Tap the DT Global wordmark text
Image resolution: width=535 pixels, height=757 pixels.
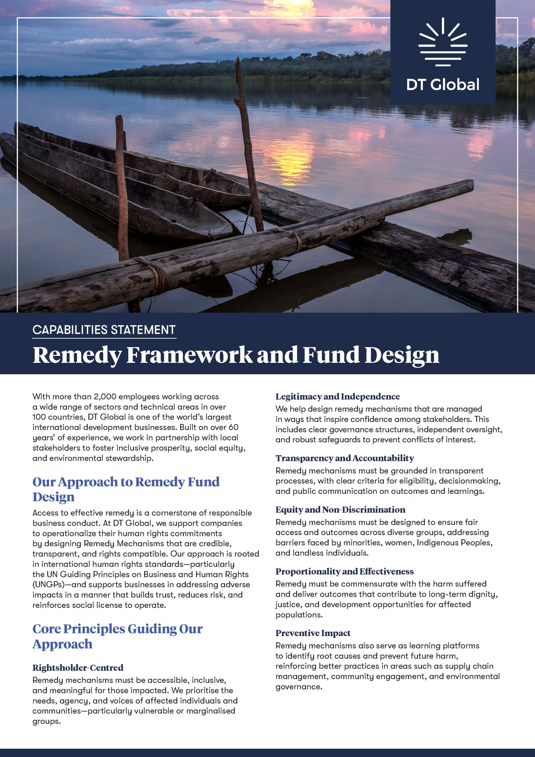(x=443, y=85)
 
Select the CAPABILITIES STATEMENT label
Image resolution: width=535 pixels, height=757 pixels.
(x=104, y=330)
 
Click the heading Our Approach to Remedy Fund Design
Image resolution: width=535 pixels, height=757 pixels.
(x=126, y=489)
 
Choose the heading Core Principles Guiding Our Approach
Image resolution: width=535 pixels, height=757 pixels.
(x=117, y=636)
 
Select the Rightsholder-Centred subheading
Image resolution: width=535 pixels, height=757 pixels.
(x=78, y=668)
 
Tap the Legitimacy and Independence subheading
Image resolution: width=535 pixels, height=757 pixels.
(x=338, y=396)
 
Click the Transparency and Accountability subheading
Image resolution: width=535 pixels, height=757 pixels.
(x=344, y=458)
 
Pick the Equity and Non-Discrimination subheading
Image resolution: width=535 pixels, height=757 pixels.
(x=340, y=509)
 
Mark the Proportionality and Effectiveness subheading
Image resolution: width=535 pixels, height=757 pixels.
(x=344, y=571)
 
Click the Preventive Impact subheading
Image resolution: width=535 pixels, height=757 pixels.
(x=313, y=633)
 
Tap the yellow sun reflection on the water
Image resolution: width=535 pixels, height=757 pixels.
(x=290, y=155)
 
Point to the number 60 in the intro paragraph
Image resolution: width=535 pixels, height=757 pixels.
(x=234, y=427)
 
